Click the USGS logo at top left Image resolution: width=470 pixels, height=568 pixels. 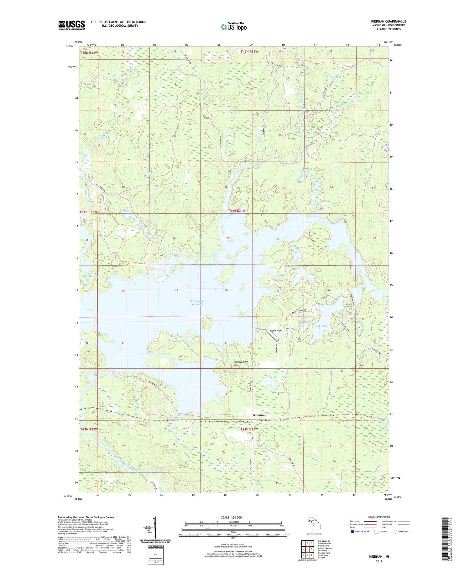[71, 25]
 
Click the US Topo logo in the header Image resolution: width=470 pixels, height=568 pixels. [233, 27]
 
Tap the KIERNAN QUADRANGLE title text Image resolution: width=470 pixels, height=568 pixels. [388, 21]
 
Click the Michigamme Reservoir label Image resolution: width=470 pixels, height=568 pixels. [197, 302]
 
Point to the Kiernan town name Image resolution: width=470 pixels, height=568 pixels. [258, 415]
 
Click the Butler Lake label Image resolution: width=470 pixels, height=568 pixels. [280, 377]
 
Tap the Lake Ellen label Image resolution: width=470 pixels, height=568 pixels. [322, 326]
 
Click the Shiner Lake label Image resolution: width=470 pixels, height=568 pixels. [306, 169]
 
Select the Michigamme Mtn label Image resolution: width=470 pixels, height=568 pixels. [241, 363]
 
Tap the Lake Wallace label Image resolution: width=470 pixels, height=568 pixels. [347, 314]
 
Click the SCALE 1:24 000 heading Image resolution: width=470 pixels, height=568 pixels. [232, 517]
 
